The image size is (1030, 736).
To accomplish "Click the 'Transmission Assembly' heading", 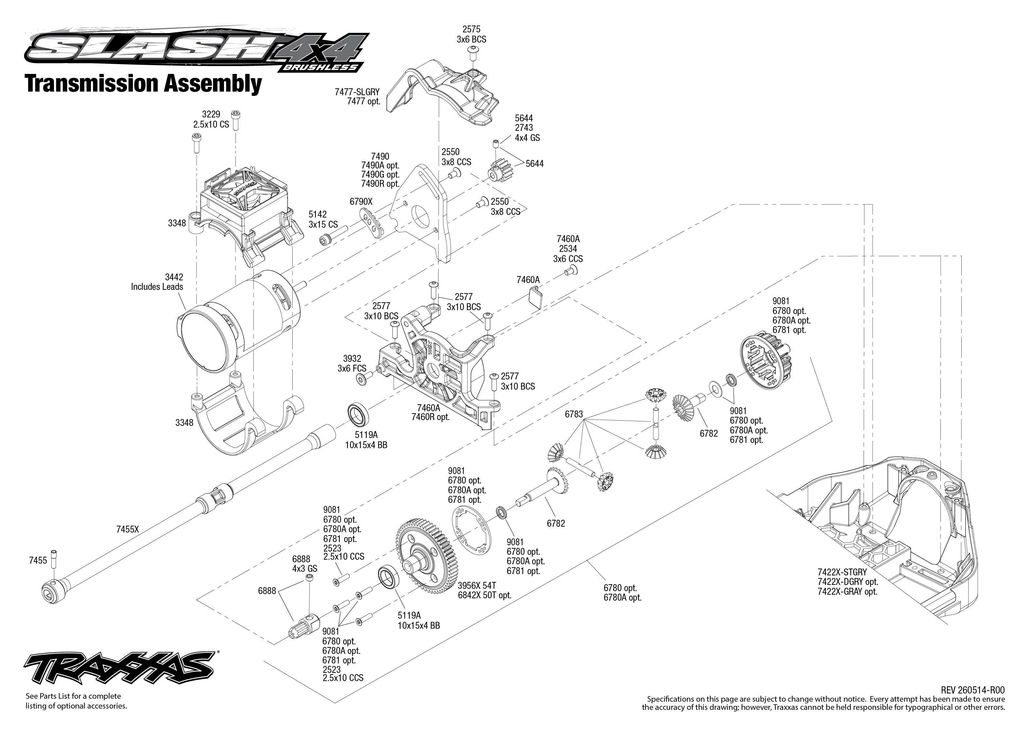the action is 144,83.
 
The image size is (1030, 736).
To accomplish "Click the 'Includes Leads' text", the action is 157,287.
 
